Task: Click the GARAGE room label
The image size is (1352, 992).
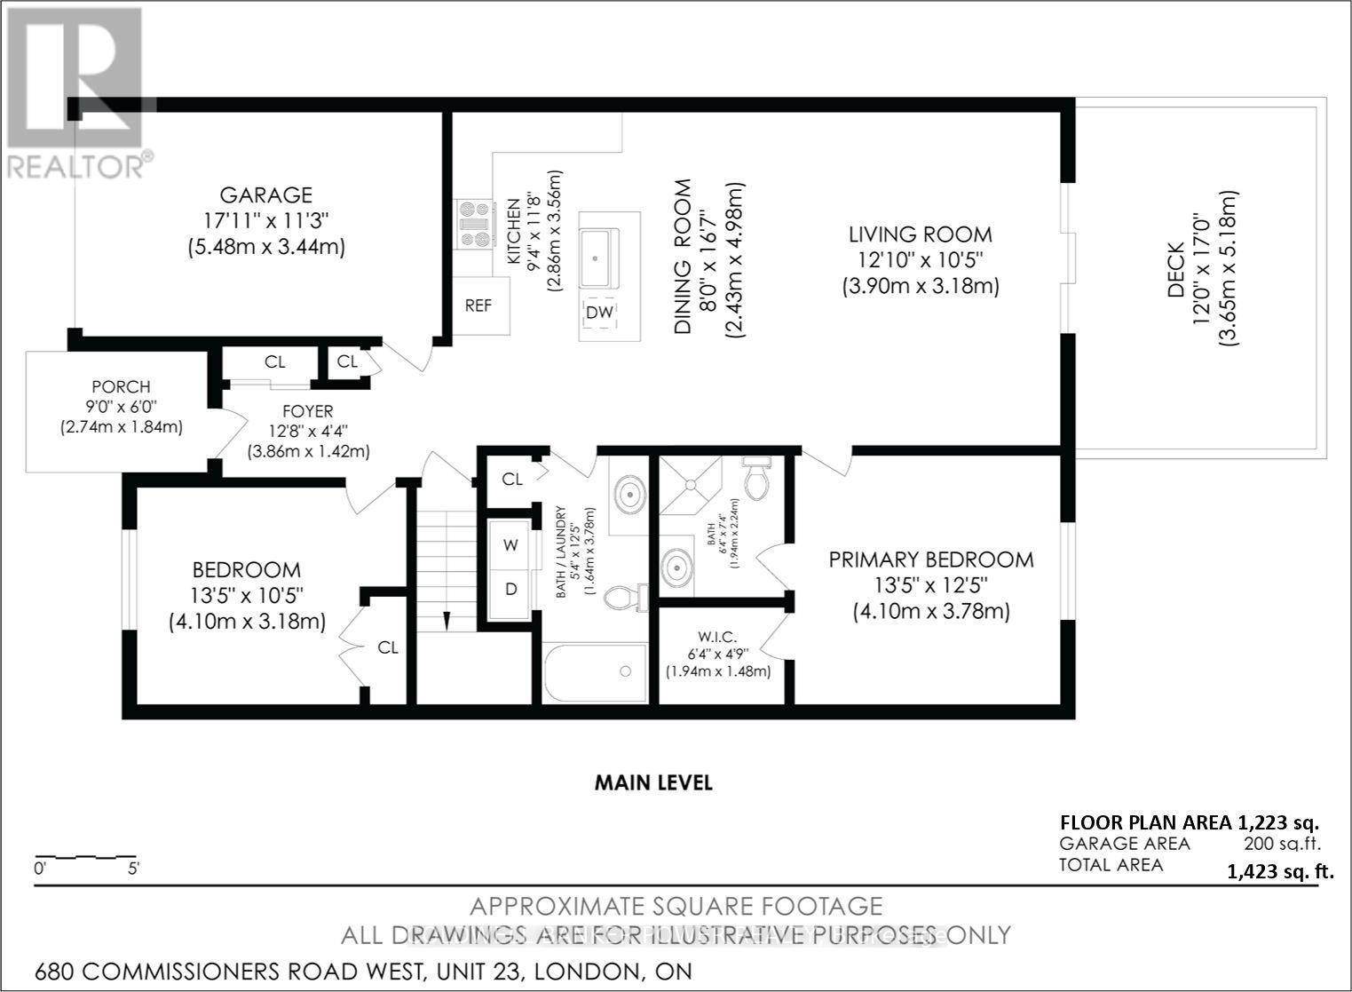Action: tap(265, 194)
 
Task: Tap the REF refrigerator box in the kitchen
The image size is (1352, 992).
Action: tap(478, 306)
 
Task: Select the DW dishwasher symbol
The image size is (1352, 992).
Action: tap(600, 313)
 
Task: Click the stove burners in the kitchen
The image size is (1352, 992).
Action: tap(476, 224)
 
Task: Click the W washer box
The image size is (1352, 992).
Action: tap(511, 545)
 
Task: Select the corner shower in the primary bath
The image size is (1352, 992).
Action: tap(688, 486)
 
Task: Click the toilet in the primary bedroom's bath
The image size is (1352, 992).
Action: tap(757, 480)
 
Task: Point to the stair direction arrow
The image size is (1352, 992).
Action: tap(447, 619)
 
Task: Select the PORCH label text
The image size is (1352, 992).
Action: tap(121, 387)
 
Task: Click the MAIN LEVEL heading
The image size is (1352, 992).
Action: tap(653, 782)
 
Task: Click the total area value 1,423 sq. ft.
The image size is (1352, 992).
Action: tap(1279, 871)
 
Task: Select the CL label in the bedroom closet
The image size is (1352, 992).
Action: tap(388, 647)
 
